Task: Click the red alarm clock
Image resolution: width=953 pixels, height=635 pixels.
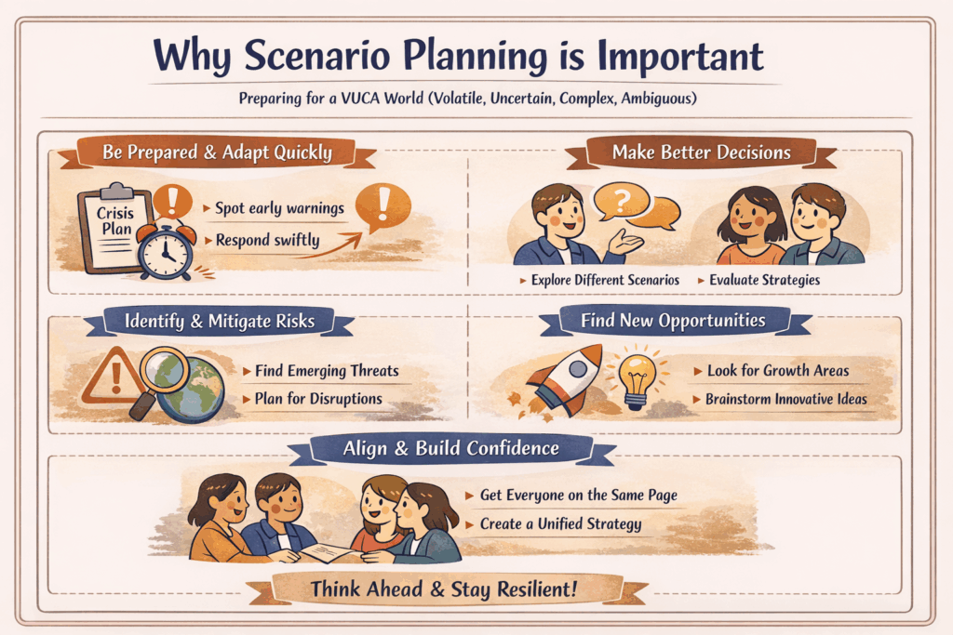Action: pos(166,245)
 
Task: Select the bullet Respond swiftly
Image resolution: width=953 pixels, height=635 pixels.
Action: pos(267,240)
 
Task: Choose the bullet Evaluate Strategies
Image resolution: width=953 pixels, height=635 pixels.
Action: pos(764,279)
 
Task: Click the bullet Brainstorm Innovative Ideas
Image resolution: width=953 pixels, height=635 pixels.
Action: pos(785,399)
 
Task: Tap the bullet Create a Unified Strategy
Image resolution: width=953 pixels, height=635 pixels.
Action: pos(560,524)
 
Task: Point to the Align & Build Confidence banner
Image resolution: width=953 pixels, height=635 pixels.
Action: pos(450,448)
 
